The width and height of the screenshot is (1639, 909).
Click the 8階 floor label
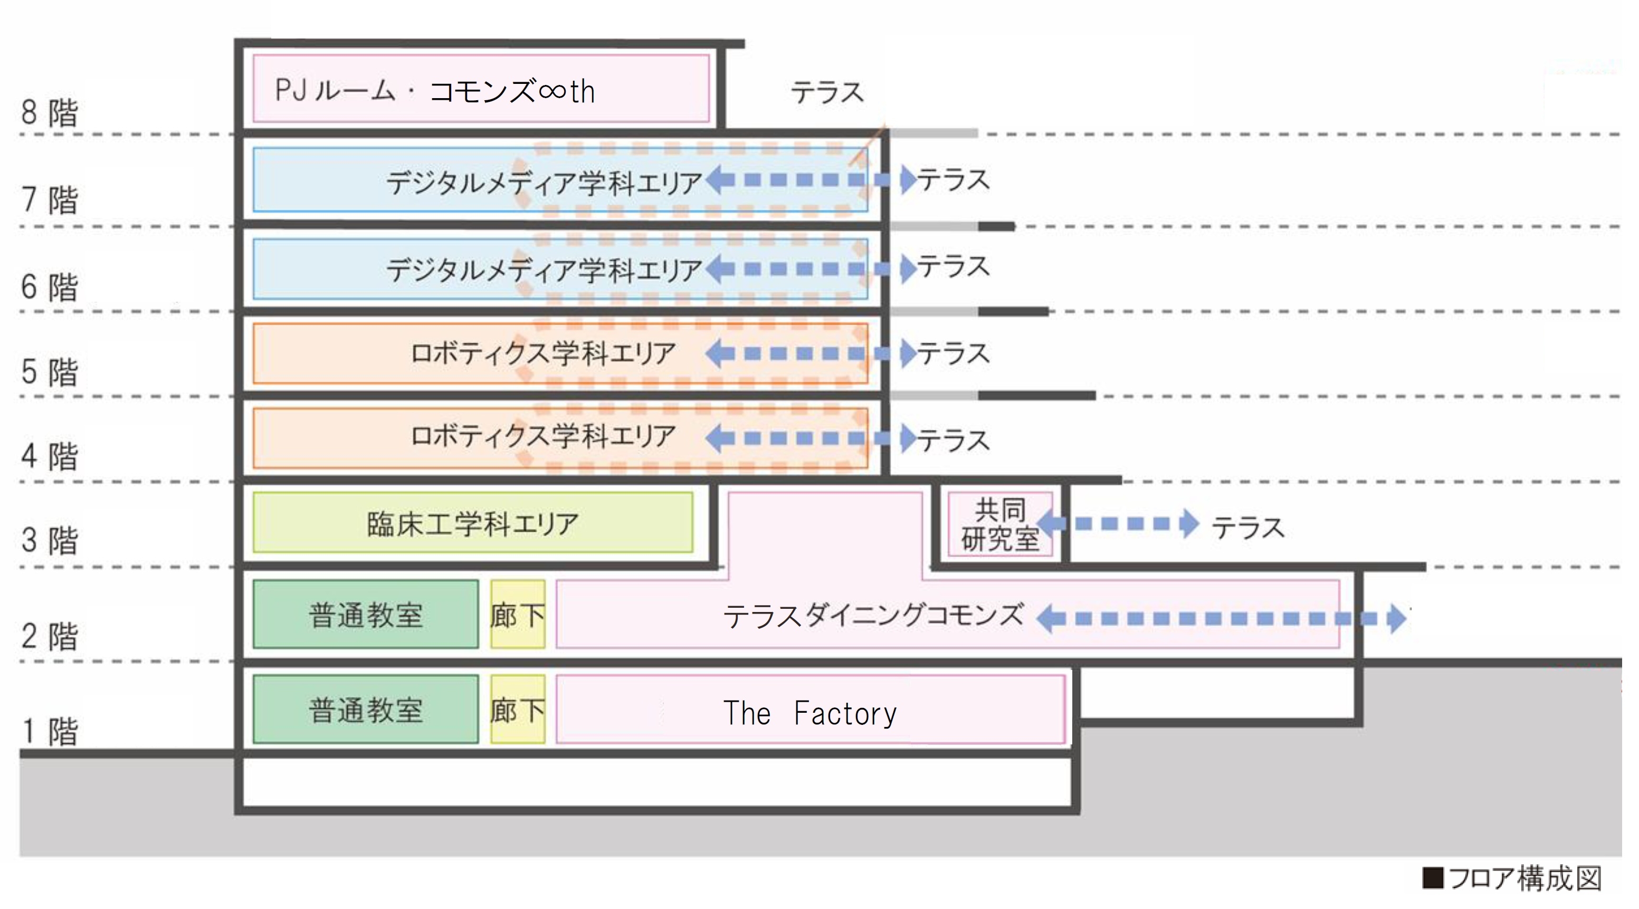[49, 112]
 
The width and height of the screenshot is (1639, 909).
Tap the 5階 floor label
[49, 371]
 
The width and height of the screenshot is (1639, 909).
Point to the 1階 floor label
[49, 731]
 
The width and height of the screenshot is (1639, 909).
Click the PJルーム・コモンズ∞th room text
[435, 91]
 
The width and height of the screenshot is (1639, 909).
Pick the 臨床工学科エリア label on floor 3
[472, 523]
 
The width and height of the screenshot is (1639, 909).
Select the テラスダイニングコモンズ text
[873, 616]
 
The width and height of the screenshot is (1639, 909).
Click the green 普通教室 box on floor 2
[366, 615]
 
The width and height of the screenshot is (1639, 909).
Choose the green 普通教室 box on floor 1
[366, 709]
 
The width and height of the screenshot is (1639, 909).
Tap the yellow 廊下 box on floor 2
[517, 615]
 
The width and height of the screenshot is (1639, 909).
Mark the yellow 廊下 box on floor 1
[517, 709]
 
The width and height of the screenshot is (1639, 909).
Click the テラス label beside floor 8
[826, 93]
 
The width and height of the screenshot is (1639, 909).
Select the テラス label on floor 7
[953, 180]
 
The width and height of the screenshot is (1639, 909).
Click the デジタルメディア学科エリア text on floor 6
[544, 270]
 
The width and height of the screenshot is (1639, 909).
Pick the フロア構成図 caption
[1513, 878]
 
